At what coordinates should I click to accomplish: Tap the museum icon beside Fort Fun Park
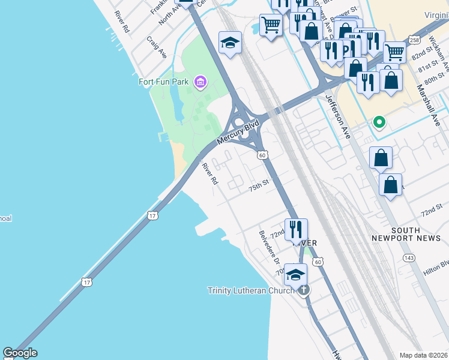[x=200, y=82]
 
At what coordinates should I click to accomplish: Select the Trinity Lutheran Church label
[x=251, y=290]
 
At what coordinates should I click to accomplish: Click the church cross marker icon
[x=304, y=290]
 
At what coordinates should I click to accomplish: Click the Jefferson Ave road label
[x=337, y=117]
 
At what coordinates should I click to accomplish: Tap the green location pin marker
[x=379, y=122]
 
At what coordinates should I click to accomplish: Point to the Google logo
[x=20, y=353]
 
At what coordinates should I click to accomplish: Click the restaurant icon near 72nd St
[x=296, y=229]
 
